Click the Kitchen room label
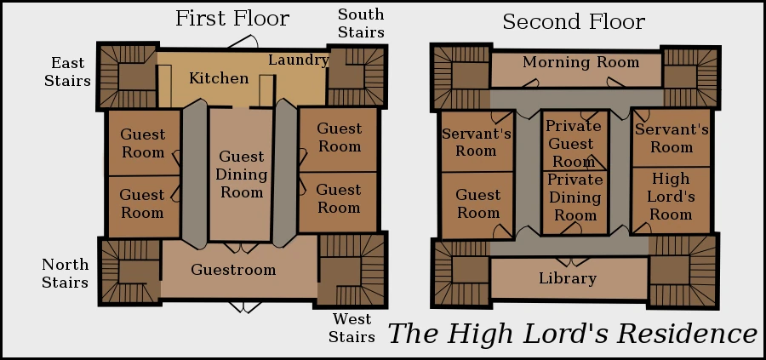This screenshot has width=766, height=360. [219, 78]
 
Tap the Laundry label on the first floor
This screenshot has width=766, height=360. [299, 60]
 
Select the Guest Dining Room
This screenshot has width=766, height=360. [242, 174]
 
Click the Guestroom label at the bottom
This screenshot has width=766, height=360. [233, 270]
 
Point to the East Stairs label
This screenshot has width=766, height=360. [67, 72]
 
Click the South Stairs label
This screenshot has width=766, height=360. [361, 23]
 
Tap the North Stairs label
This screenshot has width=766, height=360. [65, 273]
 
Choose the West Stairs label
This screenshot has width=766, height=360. [352, 328]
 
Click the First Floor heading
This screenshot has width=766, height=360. [232, 19]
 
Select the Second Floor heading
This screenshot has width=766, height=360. [574, 21]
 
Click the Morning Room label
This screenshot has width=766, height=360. [580, 62]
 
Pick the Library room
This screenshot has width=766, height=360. [568, 278]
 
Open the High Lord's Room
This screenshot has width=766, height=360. [671, 197]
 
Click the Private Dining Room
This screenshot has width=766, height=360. [574, 197]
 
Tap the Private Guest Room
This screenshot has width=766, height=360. [574, 143]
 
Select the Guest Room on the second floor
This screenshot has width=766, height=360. [478, 204]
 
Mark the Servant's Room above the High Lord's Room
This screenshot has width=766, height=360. [672, 138]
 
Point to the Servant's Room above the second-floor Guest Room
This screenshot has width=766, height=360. [477, 141]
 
